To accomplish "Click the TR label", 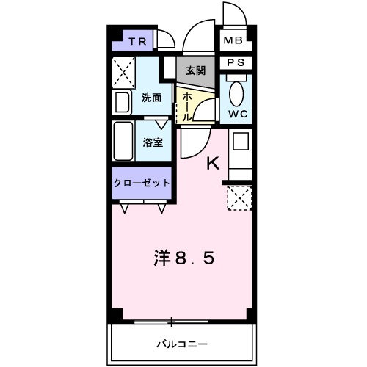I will click(138, 42).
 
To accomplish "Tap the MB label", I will click(233, 40).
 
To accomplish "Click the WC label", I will click(237, 114).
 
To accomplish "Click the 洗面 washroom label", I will click(152, 97).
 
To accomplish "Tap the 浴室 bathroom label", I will click(153, 143).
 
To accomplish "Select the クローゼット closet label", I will click(142, 181).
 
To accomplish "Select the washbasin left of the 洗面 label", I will click(123, 101).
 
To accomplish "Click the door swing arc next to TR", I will click(166, 37).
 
